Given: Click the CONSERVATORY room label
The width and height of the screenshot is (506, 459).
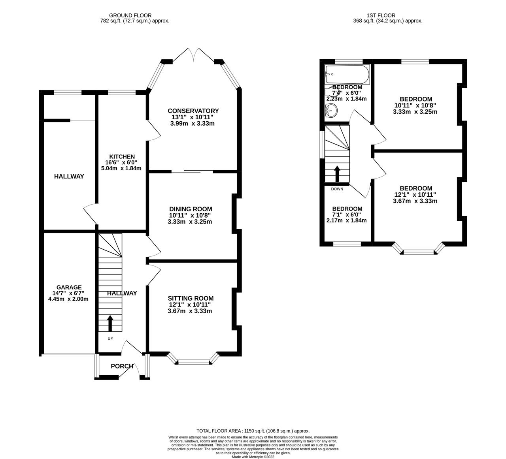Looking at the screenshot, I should pos(193,111).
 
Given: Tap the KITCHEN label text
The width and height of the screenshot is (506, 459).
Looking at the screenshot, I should pos(123,157).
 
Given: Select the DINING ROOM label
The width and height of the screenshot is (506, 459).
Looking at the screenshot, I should pos(191,209).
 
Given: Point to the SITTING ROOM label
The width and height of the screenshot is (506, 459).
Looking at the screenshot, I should pos(191,298).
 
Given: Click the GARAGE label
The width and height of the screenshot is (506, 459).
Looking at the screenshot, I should pos(69,287).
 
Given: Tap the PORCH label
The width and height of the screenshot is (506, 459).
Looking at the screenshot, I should pos(122,366).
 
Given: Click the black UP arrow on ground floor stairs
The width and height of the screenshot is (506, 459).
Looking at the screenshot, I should pos(110,323).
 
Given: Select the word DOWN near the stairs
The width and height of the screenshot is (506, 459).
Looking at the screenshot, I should pos(337,189).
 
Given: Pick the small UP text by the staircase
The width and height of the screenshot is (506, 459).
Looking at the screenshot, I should pos(110,338).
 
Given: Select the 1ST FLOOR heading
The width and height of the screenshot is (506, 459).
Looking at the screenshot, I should pos(387,15).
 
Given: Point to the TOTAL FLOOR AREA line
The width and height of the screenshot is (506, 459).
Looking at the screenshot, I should pos(253,431).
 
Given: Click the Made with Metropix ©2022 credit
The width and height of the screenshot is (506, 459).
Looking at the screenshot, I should pos(253,457).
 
